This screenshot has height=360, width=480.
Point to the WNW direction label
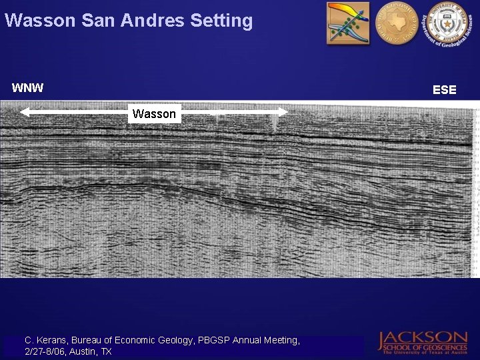[27, 87]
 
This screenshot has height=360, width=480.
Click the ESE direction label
[445, 89]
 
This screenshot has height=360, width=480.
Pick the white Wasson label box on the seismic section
[154, 114]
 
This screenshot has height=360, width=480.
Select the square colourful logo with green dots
[347, 23]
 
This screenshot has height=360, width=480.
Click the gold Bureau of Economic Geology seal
[396, 23]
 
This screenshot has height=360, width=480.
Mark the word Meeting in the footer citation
[279, 340]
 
